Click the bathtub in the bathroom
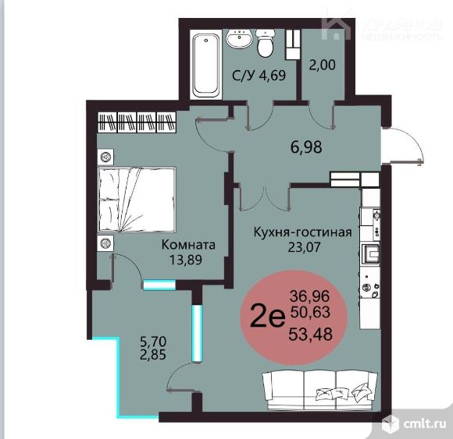[x=206, y=65]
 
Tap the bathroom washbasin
[x=240, y=38]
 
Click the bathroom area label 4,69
[x=272, y=76]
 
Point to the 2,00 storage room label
[x=323, y=65]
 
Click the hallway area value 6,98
[x=306, y=147]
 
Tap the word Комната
[x=188, y=245]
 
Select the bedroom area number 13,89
[x=186, y=260]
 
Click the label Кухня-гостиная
[x=303, y=232]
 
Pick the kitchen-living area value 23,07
[x=305, y=247]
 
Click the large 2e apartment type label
[x=268, y=315]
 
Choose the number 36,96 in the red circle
[x=310, y=296]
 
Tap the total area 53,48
[x=311, y=335]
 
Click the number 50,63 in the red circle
[x=310, y=312]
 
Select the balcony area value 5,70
[x=153, y=342]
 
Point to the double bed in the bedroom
[x=137, y=200]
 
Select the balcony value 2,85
[x=153, y=355]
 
